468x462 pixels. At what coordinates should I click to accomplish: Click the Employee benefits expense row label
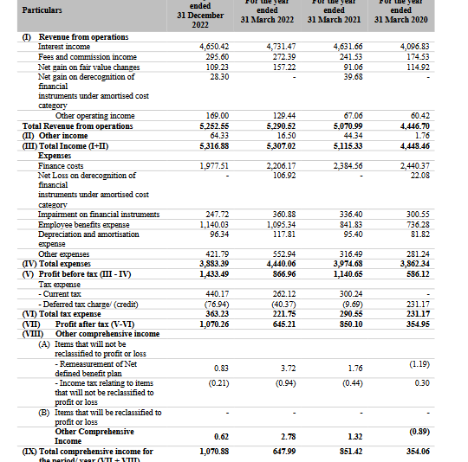(85, 224)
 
